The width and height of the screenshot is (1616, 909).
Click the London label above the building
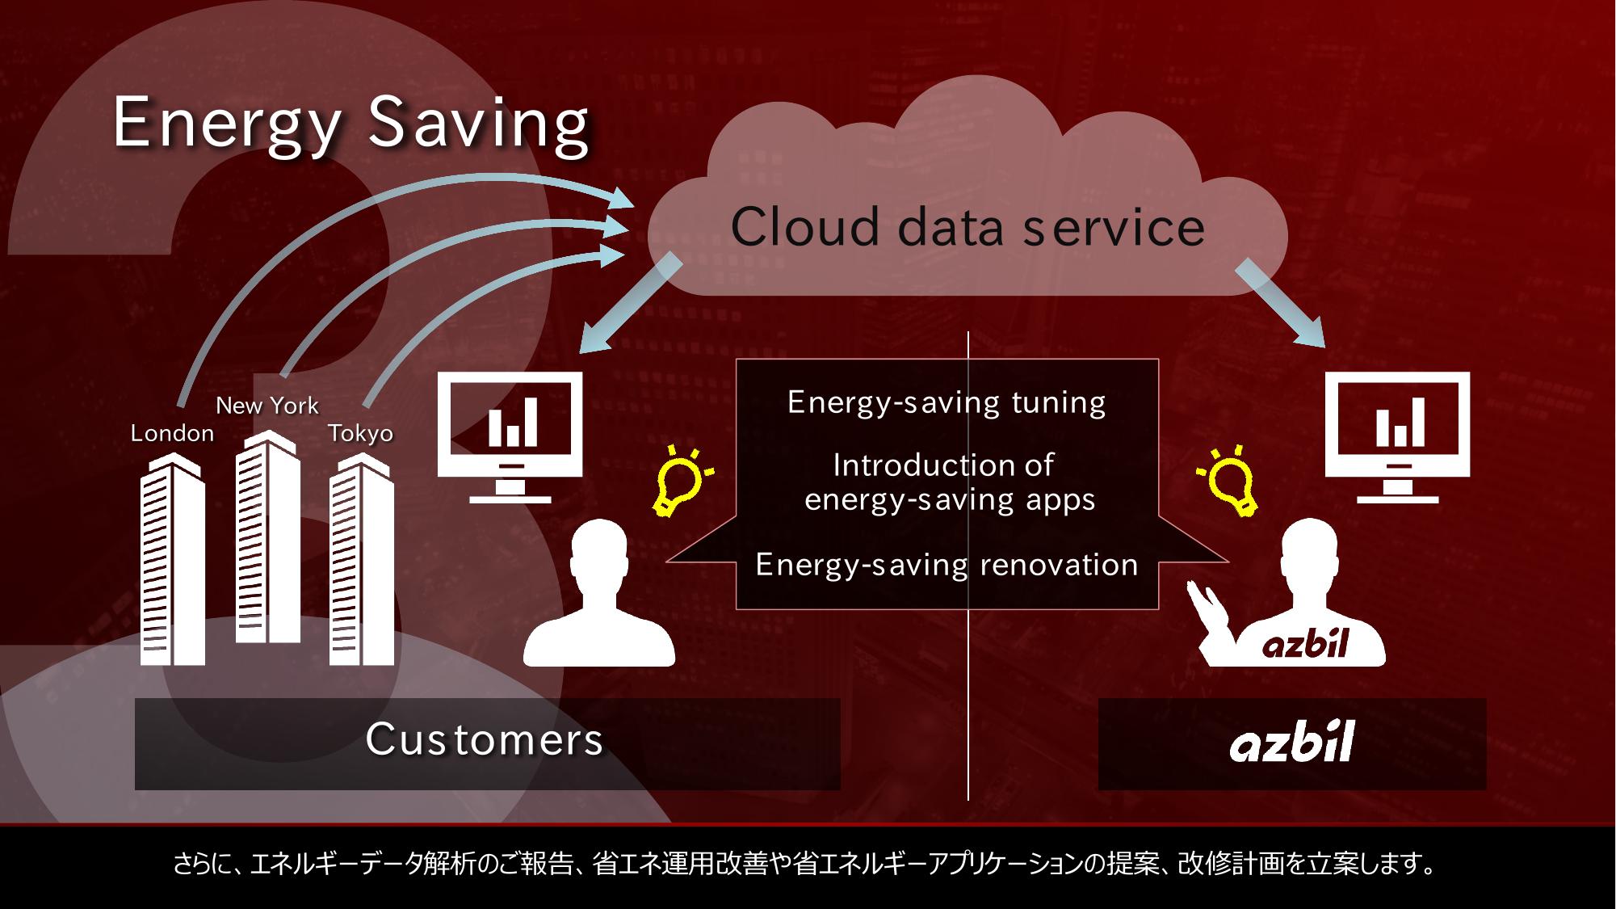(172, 433)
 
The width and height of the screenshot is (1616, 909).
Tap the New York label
(267, 406)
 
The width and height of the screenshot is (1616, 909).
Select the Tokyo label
(360, 434)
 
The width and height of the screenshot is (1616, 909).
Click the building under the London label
(172, 559)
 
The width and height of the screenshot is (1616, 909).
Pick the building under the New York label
(267, 537)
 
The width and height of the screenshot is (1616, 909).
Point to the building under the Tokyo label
(362, 559)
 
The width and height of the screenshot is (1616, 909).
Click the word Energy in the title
(227, 124)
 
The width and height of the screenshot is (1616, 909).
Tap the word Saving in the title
(478, 122)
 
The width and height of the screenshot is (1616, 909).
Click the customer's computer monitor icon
(510, 437)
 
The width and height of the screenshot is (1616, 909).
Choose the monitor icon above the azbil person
(1398, 437)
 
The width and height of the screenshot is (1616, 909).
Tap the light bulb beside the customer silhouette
(681, 481)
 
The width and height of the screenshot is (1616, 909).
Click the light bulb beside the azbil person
(1228, 481)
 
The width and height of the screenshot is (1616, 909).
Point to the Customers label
(485, 739)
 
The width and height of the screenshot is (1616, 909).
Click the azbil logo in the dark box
(1291, 742)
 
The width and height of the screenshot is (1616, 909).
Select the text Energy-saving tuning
(947, 402)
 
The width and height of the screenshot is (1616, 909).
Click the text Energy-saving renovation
(947, 565)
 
